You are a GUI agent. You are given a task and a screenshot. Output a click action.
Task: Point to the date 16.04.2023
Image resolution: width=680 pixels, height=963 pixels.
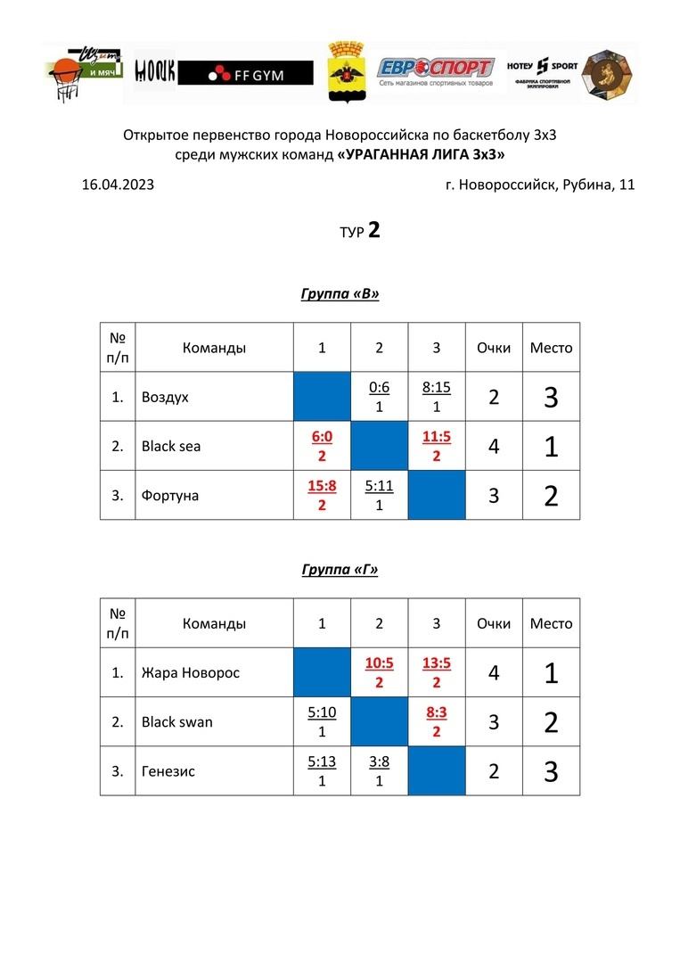pos(119,185)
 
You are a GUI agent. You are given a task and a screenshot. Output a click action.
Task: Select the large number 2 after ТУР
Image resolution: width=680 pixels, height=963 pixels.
pos(374,230)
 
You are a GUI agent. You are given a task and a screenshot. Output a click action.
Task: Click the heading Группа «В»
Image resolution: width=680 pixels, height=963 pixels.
pos(340,294)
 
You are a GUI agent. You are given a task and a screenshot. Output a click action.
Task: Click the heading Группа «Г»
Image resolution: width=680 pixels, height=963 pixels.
pos(340,570)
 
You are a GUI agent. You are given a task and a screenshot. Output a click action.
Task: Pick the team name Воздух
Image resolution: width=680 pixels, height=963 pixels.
pos(165,397)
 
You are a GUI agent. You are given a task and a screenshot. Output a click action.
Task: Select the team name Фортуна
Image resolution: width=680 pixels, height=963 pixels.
pos(170,495)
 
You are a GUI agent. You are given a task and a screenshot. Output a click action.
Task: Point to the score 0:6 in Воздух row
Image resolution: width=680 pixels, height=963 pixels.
pos(379,388)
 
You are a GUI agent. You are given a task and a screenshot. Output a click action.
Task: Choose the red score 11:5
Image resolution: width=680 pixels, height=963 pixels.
pos(437,438)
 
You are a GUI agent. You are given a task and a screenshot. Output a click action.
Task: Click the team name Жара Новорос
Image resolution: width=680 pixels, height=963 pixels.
pos(191,672)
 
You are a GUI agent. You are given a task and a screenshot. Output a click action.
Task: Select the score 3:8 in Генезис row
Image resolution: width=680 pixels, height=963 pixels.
pos(379,761)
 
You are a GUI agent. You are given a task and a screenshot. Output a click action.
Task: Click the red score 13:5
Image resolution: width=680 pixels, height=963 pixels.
pos(437,663)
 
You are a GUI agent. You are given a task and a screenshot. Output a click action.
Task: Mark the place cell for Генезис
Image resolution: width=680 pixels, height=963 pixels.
pos(551,771)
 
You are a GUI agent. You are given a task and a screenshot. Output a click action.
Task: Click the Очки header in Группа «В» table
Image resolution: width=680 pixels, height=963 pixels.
pos(494,348)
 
